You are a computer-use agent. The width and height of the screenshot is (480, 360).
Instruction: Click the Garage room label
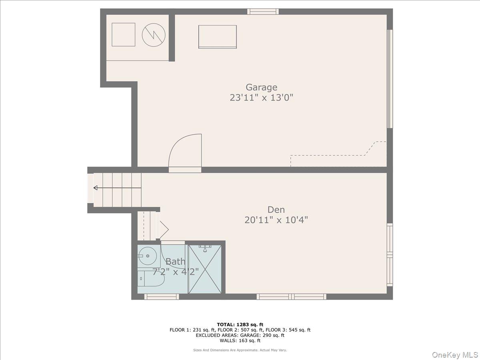coord(262,88)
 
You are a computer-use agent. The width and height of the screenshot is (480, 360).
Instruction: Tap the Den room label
coord(276,210)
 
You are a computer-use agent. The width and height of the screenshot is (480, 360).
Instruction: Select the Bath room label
coord(175,262)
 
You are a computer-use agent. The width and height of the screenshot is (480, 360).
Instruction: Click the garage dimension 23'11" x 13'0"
coord(261,98)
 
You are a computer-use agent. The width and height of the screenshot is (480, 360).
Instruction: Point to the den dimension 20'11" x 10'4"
coord(276,220)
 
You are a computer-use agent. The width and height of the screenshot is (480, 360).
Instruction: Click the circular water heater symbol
coord(154,35)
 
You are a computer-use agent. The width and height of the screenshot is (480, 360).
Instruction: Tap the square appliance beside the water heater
coord(123,34)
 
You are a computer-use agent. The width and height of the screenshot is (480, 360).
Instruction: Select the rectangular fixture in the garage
coord(218,37)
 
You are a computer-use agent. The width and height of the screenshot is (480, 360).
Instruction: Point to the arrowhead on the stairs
coord(96,188)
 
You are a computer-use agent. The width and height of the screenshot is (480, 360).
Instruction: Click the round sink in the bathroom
coord(148,256)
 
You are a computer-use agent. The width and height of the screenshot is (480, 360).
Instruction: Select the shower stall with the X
coord(205,269)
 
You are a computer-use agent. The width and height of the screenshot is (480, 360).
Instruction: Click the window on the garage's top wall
coord(263,11)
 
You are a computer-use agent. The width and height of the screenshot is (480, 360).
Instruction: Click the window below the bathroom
coord(162,297)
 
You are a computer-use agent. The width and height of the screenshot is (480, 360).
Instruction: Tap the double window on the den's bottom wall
coord(291,297)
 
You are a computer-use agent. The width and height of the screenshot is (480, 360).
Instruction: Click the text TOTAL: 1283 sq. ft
coord(240,324)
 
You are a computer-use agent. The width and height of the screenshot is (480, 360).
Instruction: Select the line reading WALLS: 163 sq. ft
coord(240,340)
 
